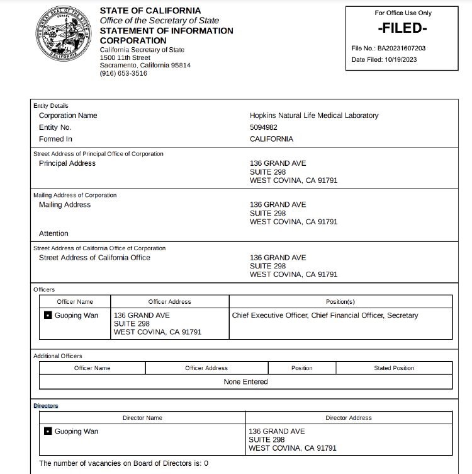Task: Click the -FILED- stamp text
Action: tap(402, 29)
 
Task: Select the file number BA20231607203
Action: tap(402, 48)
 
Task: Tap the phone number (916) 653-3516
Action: tap(123, 74)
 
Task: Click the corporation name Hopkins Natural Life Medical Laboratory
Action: tap(314, 115)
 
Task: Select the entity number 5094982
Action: tap(264, 127)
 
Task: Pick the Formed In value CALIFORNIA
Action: tap(271, 139)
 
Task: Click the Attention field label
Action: tap(53, 233)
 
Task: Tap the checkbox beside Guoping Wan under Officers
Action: tap(48, 316)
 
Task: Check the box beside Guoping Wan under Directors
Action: tap(48, 432)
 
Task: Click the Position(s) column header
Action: tap(340, 302)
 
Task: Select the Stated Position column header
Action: tap(394, 368)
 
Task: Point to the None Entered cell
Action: tap(245, 382)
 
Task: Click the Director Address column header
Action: tap(349, 418)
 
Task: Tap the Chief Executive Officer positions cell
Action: tap(325, 315)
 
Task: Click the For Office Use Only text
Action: tap(403, 13)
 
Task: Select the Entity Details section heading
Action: tap(51, 106)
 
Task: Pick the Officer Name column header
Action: tap(75, 302)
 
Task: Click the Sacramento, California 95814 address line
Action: tap(145, 65)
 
